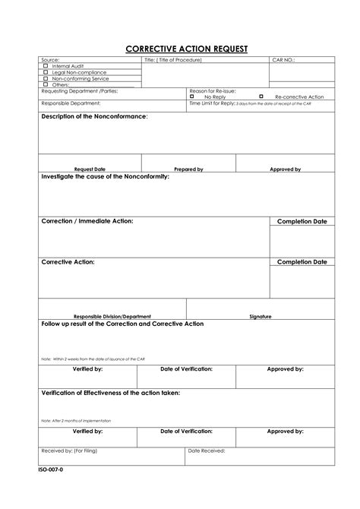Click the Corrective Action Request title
[186, 49]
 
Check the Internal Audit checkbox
[46, 66]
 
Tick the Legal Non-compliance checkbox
[46, 72]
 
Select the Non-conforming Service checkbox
[46, 78]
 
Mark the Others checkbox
[46, 84]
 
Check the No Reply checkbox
[192, 96]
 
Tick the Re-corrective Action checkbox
[261, 96]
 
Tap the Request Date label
[90, 169]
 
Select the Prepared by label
[188, 169]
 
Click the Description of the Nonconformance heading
[94, 117]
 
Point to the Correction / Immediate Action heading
[87, 220]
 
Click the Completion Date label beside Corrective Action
[302, 261]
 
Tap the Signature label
[261, 315]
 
